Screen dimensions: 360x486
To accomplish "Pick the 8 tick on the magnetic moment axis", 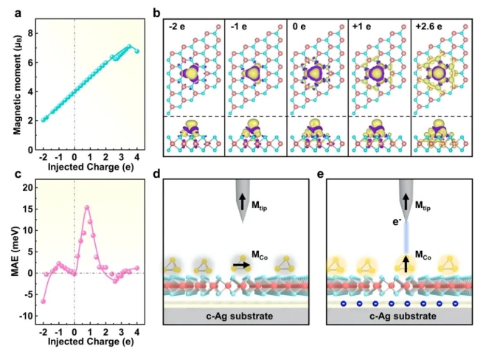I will (x=32, y=33).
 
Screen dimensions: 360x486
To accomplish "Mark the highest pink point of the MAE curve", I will (x=87, y=207).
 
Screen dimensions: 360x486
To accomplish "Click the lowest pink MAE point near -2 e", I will (x=43, y=301).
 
